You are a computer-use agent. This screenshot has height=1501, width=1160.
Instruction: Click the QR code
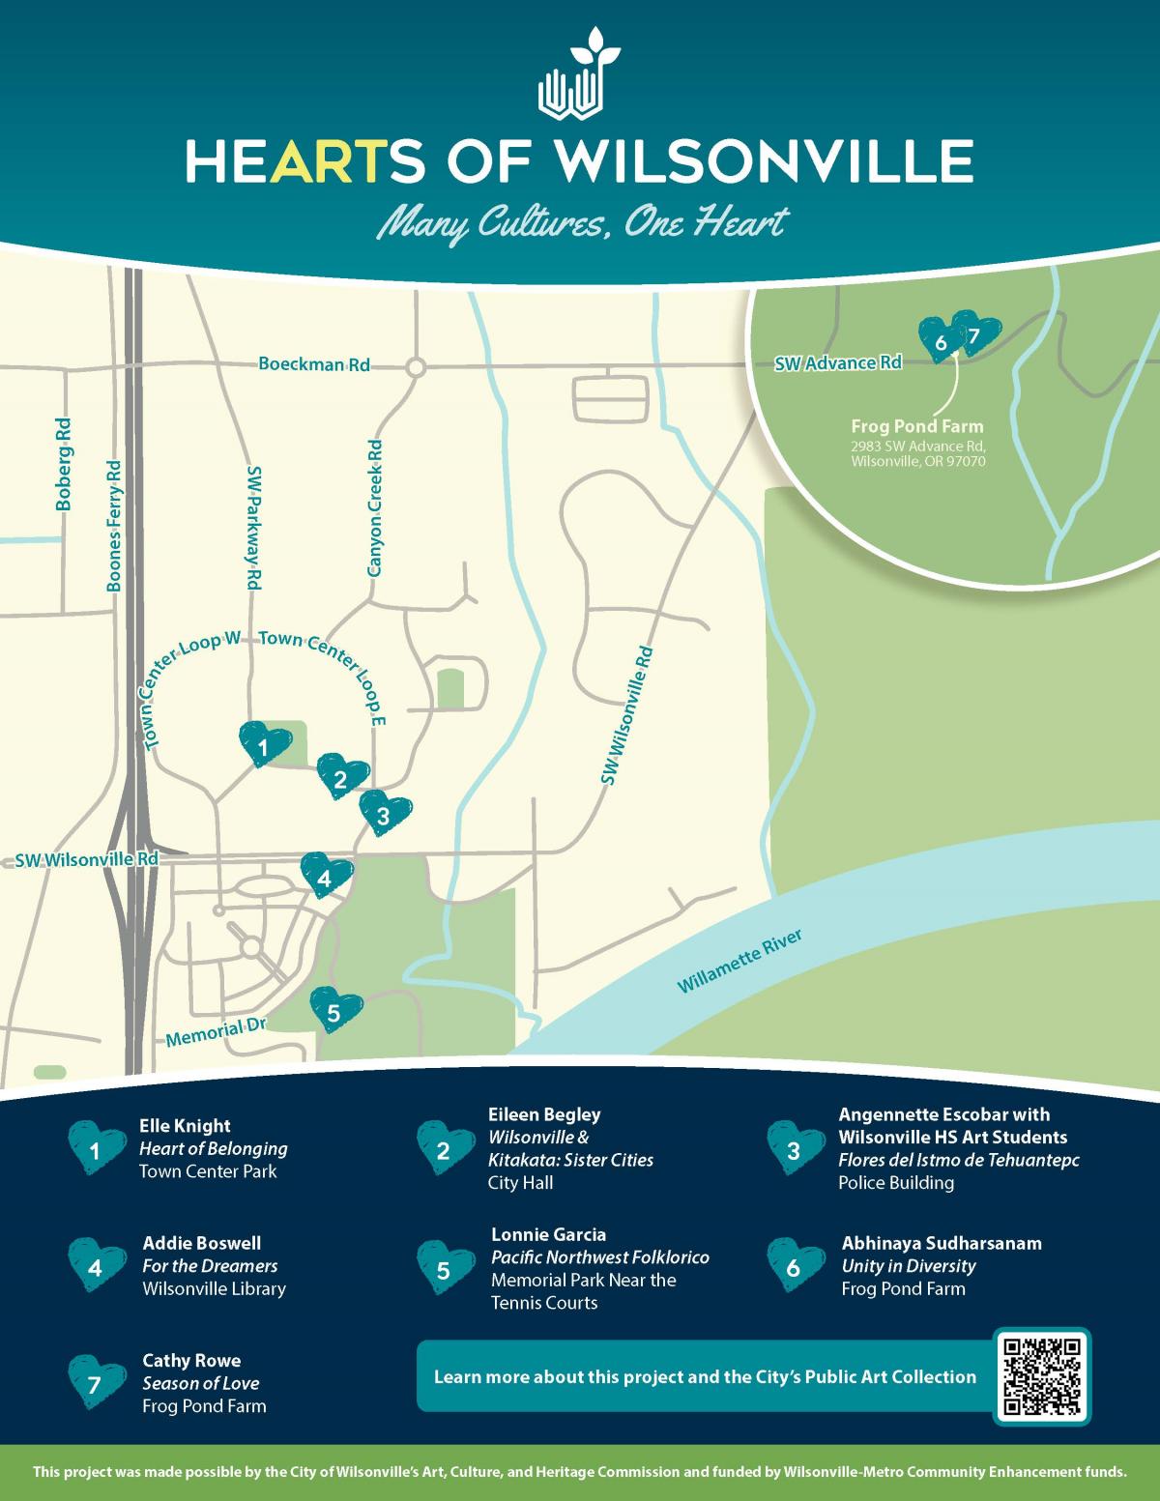(x=1042, y=1375)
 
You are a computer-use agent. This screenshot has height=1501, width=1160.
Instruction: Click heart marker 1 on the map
(x=264, y=744)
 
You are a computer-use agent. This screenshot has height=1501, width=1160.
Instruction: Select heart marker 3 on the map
(x=385, y=813)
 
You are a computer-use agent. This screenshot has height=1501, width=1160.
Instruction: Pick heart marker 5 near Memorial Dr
(x=335, y=1010)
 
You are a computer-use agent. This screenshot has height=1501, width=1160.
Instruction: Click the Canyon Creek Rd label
(x=376, y=508)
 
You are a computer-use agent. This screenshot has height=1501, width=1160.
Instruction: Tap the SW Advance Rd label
(x=839, y=363)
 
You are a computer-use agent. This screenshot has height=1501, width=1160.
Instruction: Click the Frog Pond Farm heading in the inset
(x=916, y=426)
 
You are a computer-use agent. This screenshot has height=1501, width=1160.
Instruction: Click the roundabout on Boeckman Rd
(x=416, y=367)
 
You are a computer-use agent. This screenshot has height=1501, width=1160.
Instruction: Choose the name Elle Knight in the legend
(x=185, y=1126)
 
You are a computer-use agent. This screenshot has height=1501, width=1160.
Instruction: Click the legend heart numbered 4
(x=95, y=1265)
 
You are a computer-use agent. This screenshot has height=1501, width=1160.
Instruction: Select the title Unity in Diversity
(x=908, y=1266)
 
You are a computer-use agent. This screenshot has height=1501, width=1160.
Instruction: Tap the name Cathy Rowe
(x=191, y=1360)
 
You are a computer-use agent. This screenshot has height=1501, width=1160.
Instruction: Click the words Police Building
(x=895, y=1183)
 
